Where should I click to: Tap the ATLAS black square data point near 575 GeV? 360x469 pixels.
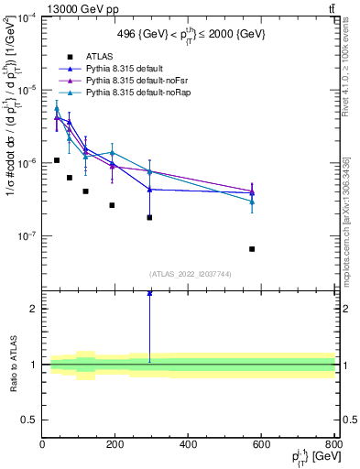252,248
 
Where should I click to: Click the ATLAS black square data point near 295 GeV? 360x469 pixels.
149,217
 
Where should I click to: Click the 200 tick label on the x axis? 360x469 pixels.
115,444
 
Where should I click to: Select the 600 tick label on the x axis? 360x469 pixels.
261,444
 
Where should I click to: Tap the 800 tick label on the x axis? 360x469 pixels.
333,444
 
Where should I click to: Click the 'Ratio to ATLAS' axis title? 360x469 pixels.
12,364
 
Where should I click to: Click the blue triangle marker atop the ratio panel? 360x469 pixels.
149,293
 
